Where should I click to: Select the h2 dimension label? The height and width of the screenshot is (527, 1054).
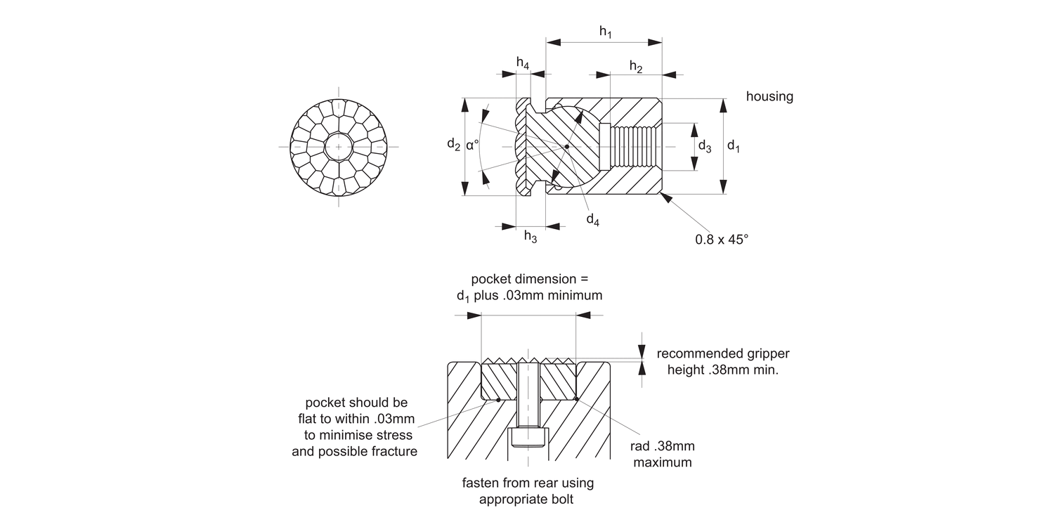click(x=636, y=67)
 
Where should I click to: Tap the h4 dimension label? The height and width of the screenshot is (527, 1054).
click(x=523, y=63)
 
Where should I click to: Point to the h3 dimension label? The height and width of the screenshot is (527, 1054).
click(x=531, y=238)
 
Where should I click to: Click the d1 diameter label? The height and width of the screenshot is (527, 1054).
click(x=734, y=146)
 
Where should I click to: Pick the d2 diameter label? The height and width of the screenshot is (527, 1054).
click(x=454, y=145)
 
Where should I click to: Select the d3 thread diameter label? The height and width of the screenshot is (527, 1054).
click(x=704, y=146)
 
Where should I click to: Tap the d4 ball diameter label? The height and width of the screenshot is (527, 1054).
click(x=593, y=220)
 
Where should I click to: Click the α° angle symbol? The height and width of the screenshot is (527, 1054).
click(x=472, y=145)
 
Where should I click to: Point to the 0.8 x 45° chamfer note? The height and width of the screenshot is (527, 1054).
click(x=722, y=239)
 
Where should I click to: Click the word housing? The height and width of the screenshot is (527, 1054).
click(x=769, y=97)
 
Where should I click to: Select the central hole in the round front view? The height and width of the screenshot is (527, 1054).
click(x=339, y=147)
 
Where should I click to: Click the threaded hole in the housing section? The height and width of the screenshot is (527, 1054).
click(x=636, y=147)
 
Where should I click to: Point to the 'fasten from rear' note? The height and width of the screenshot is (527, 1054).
click(x=528, y=491)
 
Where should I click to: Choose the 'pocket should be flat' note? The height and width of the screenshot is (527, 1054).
click(x=355, y=427)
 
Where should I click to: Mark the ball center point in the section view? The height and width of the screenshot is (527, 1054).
click(x=566, y=147)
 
